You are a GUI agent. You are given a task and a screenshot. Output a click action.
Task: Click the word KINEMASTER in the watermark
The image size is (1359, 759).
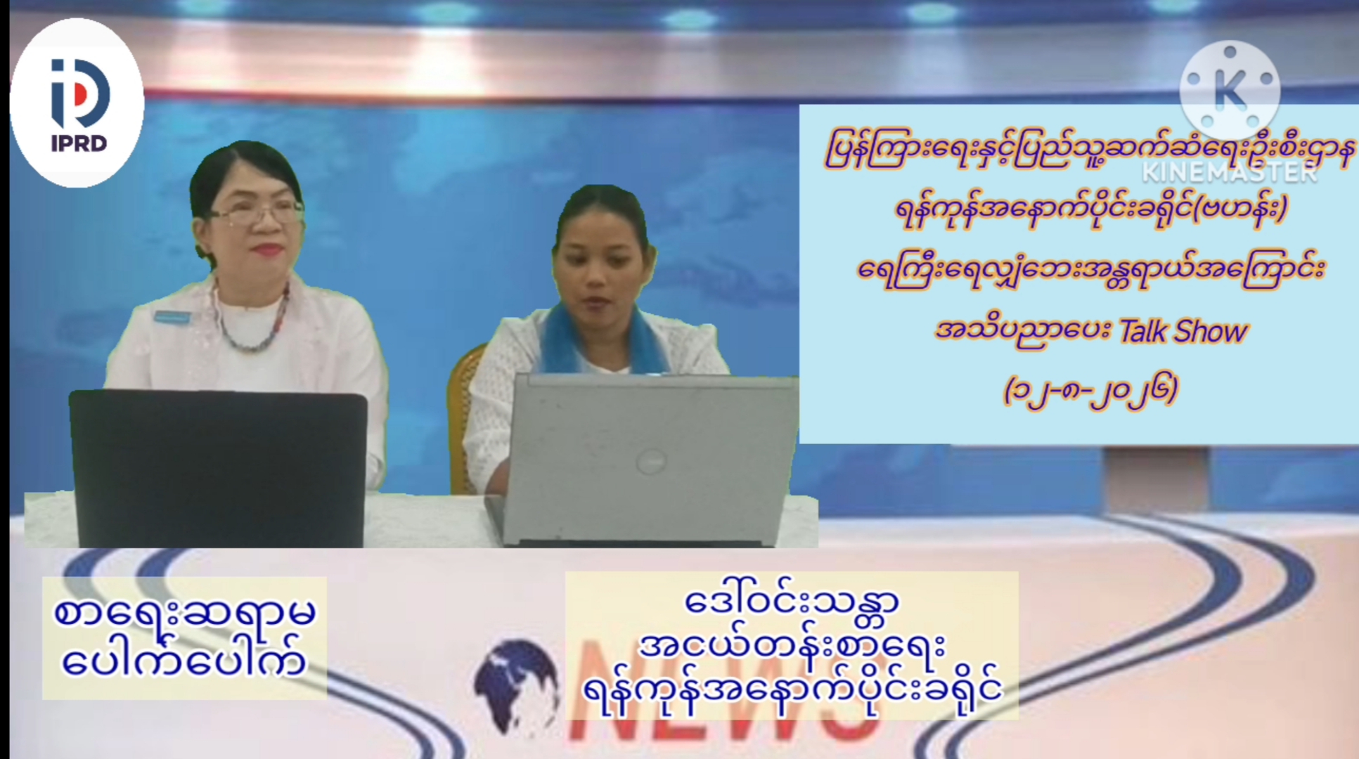pyautogui.click(x=1230, y=172)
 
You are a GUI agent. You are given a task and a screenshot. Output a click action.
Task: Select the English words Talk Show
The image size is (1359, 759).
pyautogui.click(x=1183, y=331)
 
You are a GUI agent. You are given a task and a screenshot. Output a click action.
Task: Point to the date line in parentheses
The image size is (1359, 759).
pyautogui.click(x=1091, y=391)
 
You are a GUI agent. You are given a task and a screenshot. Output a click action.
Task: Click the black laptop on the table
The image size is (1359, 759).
pyautogui.click(x=218, y=467)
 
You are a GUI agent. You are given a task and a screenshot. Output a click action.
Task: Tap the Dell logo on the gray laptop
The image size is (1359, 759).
pyautogui.click(x=651, y=461)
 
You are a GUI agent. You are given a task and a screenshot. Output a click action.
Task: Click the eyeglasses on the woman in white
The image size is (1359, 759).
pyautogui.click(x=257, y=210)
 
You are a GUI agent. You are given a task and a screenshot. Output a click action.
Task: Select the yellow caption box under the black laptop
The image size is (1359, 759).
pyautogui.click(x=184, y=638)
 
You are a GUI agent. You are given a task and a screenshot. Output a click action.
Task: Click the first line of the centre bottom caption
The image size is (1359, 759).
pyautogui.click(x=792, y=604)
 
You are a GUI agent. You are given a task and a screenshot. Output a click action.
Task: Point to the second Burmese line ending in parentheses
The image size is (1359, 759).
pyautogui.click(x=1091, y=209)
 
